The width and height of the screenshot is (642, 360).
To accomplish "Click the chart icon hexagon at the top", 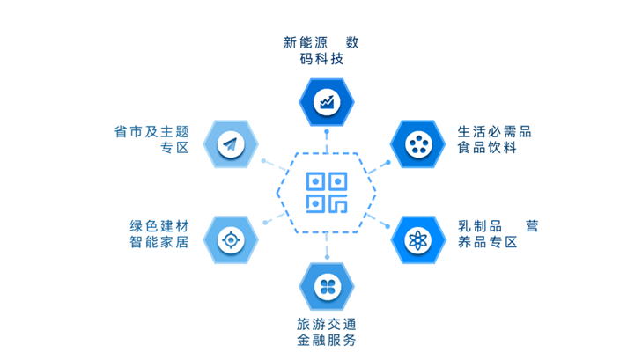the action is (x=327, y=102).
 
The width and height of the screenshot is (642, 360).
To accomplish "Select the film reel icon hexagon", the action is (x=417, y=144).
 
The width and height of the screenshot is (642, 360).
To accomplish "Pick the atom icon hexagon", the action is (x=417, y=239).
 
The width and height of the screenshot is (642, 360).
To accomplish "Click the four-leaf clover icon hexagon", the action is (x=327, y=285).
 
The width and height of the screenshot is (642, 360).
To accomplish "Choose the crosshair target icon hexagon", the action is (x=231, y=239).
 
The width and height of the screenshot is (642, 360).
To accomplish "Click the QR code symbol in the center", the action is (x=327, y=193).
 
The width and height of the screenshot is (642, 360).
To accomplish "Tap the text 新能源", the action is (x=306, y=42).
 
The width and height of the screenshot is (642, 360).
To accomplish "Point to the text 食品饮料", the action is (x=487, y=149).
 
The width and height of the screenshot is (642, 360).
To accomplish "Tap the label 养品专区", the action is (x=487, y=243).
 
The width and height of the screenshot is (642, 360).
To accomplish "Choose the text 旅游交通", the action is (x=327, y=323).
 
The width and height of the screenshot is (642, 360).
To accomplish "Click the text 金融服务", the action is (x=327, y=341).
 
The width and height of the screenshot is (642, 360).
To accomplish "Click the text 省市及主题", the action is (x=151, y=132).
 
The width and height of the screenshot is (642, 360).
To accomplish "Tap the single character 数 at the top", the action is (x=352, y=42).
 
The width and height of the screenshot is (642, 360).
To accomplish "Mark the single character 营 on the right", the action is (x=531, y=226).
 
